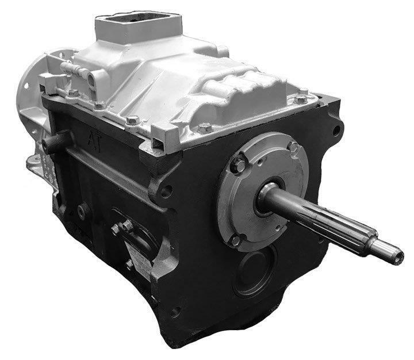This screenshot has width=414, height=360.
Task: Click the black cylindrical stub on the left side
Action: click(x=55, y=142)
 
